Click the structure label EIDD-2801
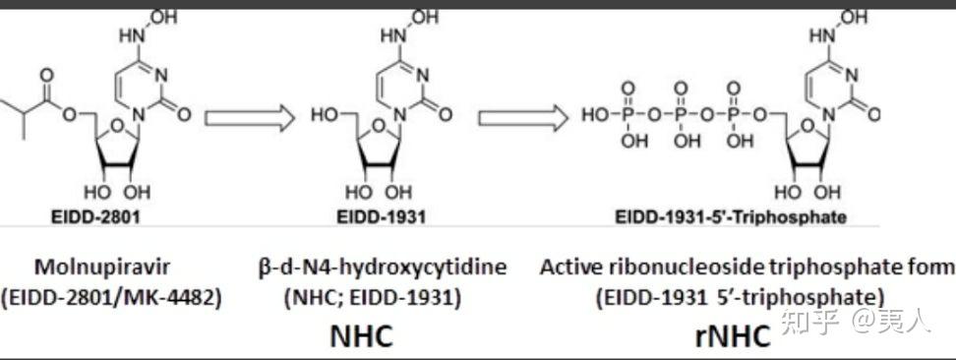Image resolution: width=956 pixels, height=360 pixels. coord(94,216)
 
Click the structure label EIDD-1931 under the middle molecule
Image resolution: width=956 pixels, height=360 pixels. coord(381,216)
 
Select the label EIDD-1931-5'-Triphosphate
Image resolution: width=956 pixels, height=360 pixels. coord(730,216)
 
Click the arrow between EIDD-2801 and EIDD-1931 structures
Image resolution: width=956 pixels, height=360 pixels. coord(250,118)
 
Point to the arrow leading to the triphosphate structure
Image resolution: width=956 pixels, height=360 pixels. coord(523,118)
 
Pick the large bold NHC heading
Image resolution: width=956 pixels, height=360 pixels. coord(362,335)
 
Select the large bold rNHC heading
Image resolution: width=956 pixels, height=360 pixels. coord(733,336)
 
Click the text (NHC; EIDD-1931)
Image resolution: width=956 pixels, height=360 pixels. coord(373,298)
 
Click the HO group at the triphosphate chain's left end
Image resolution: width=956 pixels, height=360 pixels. coord(595,115)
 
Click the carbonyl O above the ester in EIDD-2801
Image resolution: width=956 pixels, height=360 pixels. coord(47,75)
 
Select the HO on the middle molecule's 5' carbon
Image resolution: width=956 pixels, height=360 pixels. coord(324,115)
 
